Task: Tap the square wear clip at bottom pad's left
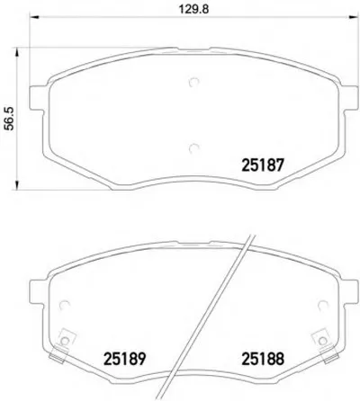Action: pos(64,343)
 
